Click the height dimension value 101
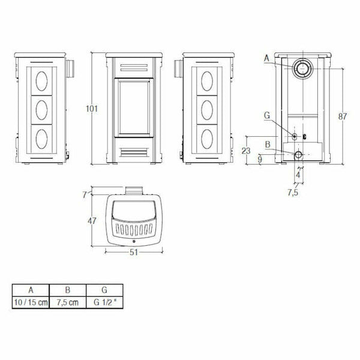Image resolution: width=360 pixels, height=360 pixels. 92,109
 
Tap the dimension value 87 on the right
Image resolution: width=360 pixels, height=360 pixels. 343,116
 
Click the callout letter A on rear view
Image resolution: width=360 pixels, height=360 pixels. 266,58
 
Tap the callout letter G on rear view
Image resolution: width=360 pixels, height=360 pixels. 266,114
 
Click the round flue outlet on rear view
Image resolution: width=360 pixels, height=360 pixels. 302,70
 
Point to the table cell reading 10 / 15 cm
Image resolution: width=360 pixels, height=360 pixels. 30,302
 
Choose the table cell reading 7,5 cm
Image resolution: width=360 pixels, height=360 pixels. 68,302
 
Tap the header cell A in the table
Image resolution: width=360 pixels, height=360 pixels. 30,289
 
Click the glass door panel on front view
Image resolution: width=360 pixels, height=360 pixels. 133,109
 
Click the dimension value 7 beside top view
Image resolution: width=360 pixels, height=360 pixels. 85,194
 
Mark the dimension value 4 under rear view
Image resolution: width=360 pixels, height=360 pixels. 298,176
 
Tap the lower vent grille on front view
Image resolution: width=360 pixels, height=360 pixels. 133,152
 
